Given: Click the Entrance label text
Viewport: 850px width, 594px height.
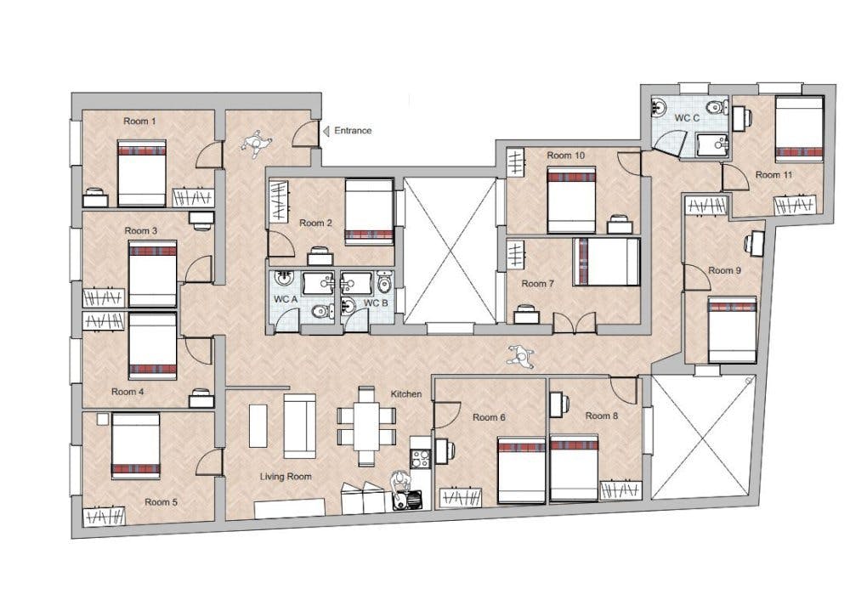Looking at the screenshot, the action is (353, 131).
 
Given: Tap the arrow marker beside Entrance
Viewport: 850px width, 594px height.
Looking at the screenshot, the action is (326, 131).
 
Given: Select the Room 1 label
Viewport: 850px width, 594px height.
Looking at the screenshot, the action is (140, 122).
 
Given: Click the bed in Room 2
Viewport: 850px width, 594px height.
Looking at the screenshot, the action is (369, 212).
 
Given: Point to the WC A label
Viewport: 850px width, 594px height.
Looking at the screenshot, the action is (286, 299).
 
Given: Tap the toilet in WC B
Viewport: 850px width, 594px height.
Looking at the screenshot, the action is (384, 280).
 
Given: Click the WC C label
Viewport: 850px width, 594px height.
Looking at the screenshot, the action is (687, 118).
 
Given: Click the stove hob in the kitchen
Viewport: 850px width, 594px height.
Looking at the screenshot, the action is (420, 459).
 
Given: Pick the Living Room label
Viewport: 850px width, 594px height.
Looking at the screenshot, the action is (286, 477).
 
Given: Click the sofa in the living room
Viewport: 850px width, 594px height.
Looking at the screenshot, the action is (300, 426).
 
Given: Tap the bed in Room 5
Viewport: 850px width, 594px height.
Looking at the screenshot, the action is (135, 445).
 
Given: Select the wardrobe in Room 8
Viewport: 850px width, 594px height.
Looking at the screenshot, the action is (620, 490).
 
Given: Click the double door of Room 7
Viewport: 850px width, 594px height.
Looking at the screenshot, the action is (575, 323).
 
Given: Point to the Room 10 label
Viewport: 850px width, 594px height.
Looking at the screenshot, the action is (566, 156).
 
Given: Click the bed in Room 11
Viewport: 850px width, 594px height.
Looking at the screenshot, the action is (800, 128).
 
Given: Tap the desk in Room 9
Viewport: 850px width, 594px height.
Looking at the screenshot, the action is (755, 243).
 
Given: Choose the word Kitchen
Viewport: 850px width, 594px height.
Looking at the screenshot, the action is (406, 394).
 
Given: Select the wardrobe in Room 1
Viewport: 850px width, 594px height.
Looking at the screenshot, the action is (193, 197).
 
